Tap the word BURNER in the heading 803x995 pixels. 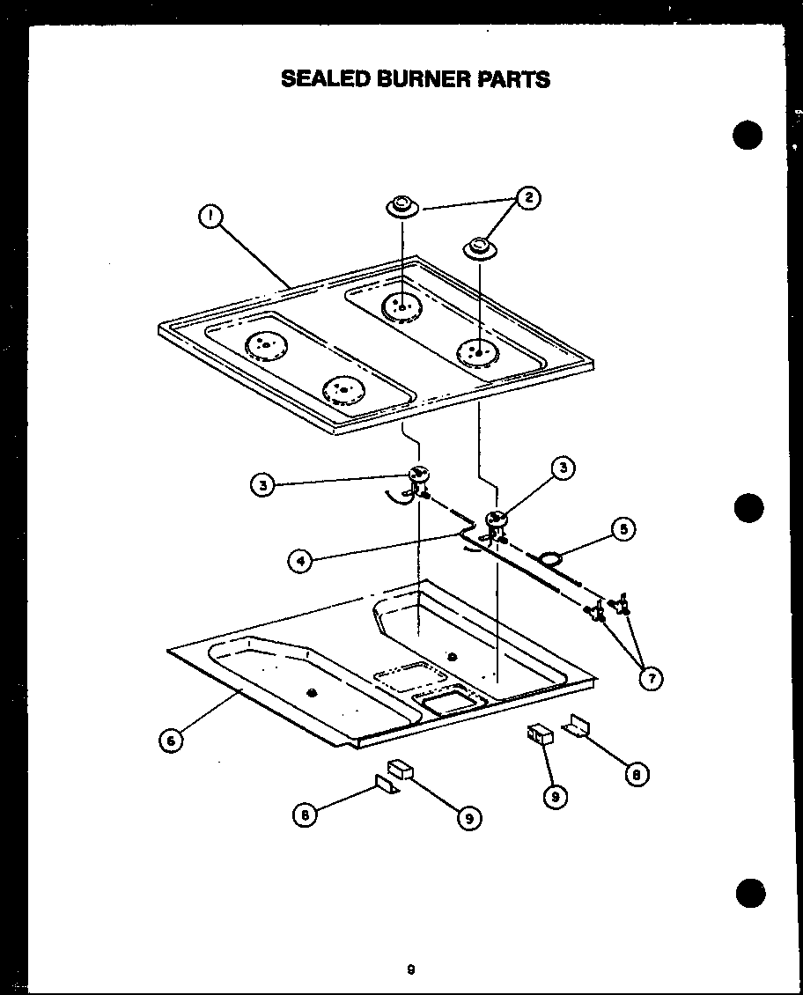point(422,79)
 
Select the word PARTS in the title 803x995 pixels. point(513,79)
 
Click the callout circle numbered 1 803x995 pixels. point(210,217)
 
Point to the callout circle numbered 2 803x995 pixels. point(527,198)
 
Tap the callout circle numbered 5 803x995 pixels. point(623,530)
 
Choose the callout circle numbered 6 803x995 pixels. point(172,741)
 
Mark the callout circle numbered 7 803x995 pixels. point(651,678)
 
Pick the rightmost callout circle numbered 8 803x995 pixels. point(636,774)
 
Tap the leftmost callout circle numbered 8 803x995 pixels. point(305,816)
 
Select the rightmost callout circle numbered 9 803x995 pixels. point(554,796)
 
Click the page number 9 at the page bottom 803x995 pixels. point(410,970)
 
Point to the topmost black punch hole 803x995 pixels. point(748,135)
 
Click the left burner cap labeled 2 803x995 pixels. point(401,208)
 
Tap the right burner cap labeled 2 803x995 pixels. point(480,248)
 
